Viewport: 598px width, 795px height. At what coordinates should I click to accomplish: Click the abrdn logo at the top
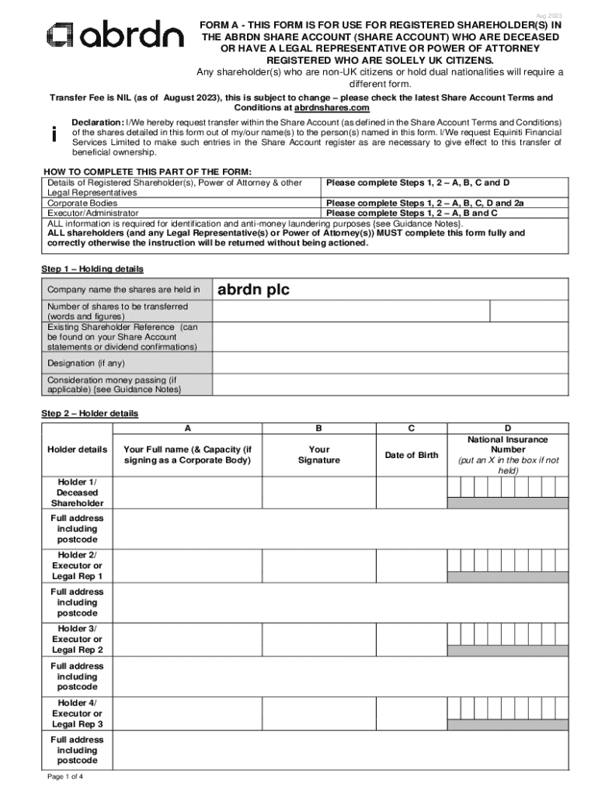[115, 35]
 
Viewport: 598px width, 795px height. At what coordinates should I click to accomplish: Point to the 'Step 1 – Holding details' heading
[92, 269]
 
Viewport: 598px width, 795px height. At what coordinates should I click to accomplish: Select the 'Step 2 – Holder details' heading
[89, 414]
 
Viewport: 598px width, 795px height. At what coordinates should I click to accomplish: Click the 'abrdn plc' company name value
[252, 290]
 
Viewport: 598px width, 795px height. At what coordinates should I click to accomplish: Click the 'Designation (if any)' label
[85, 363]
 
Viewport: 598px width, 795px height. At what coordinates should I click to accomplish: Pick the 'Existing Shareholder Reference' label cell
[122, 337]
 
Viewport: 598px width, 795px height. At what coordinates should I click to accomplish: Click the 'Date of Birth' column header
[412, 455]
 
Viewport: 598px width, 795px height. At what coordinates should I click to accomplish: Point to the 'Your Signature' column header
[319, 455]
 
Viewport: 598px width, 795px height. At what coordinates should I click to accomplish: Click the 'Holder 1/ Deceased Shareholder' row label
[77, 492]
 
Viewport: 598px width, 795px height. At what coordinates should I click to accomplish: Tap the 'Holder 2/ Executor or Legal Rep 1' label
[77, 566]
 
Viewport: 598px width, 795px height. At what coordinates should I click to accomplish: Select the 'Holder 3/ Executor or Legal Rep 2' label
[77, 639]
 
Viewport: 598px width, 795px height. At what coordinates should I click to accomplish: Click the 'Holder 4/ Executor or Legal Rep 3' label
[77, 713]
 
